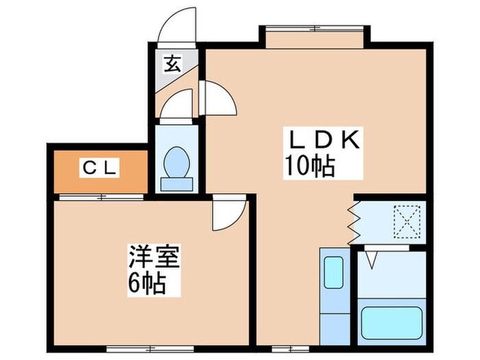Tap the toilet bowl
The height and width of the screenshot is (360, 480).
[178, 162]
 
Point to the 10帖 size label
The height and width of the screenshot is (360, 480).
[310, 167]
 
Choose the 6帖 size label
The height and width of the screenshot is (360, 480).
[145, 282]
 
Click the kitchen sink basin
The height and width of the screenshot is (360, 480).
[334, 273]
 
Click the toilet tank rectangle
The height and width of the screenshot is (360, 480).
[178, 184]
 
